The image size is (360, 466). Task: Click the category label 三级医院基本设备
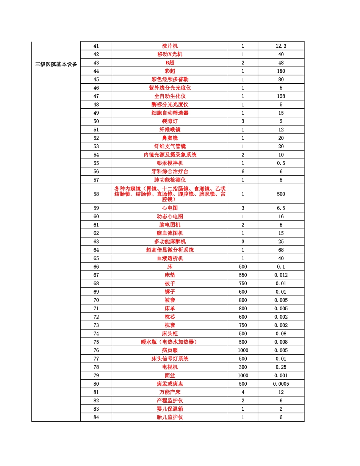56,64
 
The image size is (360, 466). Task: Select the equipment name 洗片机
170,46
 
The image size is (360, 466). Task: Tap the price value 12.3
281,46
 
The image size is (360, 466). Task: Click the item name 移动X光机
170,54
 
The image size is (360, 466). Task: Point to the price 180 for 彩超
281,71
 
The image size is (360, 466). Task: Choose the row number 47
96,96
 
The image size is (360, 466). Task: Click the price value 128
281,96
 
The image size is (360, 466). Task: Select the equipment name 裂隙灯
170,121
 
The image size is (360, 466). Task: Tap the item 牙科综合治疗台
170,172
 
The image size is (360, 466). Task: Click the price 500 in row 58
281,194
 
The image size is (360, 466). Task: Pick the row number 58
96,194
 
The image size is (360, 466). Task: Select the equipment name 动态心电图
170,216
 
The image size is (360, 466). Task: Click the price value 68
281,250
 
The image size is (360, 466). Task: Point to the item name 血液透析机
170,258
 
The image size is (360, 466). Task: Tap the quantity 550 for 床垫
243,275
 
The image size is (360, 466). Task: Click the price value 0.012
281,275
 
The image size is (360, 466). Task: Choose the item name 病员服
170,350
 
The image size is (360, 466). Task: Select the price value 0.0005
281,384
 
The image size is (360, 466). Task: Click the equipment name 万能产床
170,392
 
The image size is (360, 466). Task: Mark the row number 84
96,417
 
